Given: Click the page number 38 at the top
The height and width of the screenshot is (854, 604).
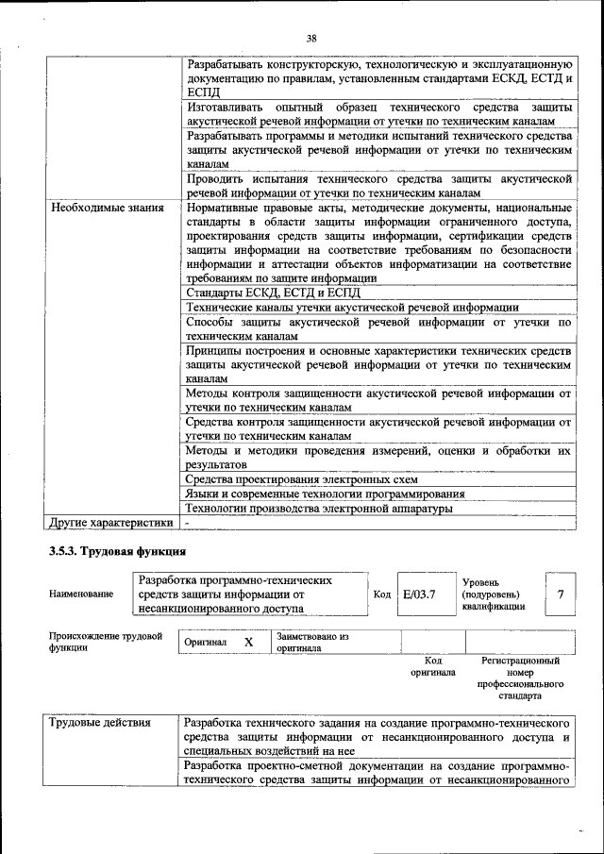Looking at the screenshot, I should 311,39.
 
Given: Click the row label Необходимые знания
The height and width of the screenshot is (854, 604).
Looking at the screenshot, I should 108,207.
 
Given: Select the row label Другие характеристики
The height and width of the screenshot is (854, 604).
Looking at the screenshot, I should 111,522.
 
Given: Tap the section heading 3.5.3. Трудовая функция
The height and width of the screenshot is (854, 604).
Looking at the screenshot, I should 117,551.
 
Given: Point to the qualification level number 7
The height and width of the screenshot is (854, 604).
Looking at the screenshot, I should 561,594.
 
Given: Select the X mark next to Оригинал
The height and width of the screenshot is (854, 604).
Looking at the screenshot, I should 249,643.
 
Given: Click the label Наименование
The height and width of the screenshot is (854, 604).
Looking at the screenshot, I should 79,594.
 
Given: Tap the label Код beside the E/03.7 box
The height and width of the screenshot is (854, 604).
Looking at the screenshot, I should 382,594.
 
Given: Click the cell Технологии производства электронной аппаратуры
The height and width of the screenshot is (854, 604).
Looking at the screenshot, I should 320,509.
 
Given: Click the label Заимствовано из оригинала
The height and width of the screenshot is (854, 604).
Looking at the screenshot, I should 312,644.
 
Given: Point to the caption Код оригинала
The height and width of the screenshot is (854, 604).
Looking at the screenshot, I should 433,667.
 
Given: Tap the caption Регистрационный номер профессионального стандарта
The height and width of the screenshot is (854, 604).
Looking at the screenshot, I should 520,678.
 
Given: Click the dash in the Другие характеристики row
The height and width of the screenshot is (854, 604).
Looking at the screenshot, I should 188,522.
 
